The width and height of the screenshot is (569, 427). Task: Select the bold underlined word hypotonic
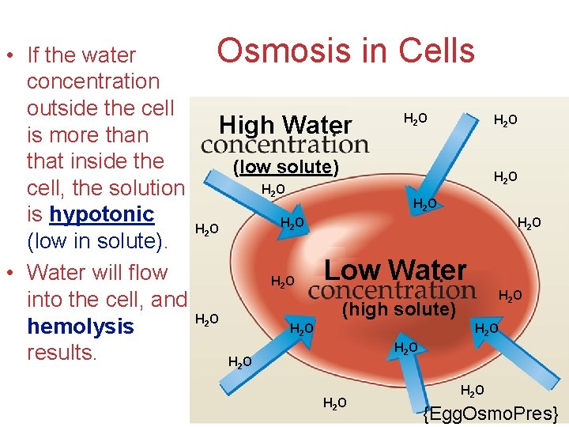pos(101,214)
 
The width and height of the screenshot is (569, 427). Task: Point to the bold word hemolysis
pos(80,327)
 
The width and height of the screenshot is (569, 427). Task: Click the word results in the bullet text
pos(60,353)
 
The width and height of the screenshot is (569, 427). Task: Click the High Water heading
pos(284,124)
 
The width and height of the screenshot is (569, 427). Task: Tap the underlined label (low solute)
pos(285,167)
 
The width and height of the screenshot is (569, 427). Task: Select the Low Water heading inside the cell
pos(395,270)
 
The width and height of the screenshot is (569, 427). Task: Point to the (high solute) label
pos(399,309)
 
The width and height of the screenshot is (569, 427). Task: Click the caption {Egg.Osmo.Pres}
pos(490,414)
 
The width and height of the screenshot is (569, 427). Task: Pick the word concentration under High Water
pos(284,145)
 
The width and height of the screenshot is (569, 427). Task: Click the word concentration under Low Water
pos(391,289)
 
